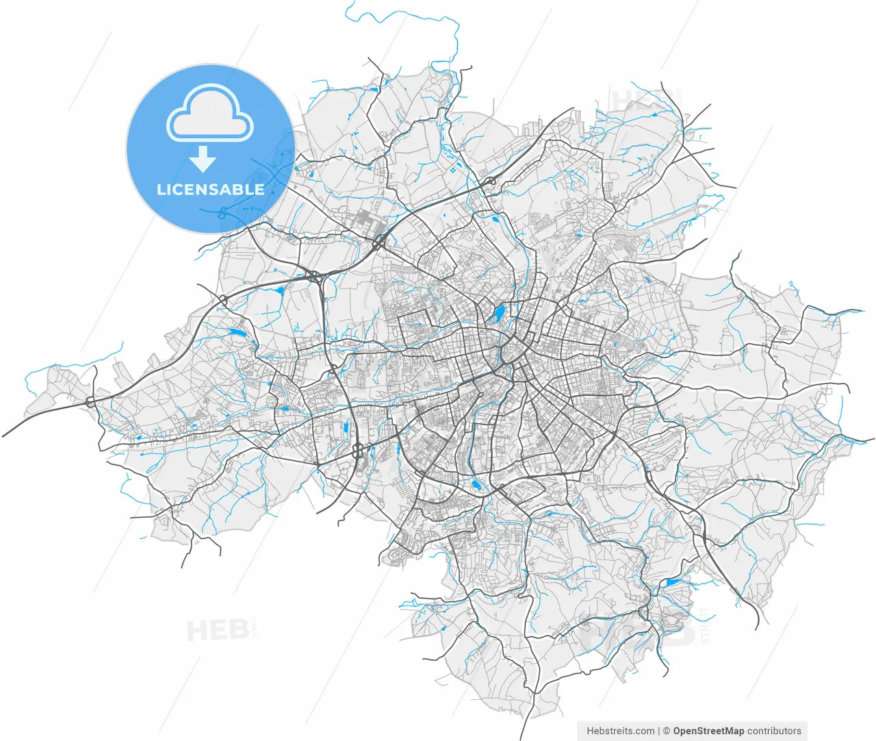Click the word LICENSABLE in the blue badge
(x=210, y=190)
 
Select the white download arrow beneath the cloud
(x=203, y=159)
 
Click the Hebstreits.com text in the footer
(x=620, y=731)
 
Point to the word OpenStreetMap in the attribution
(x=708, y=731)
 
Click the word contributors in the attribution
(x=774, y=731)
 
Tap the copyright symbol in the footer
(x=666, y=731)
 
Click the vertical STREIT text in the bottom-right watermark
(x=706, y=624)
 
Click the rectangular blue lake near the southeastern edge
(x=673, y=583)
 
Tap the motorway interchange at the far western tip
(x=91, y=402)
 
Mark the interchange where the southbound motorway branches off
(x=313, y=277)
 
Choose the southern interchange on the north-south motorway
(x=357, y=450)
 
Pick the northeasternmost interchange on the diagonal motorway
(x=491, y=181)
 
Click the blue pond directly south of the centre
(x=476, y=486)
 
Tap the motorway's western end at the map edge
(x=4, y=436)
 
